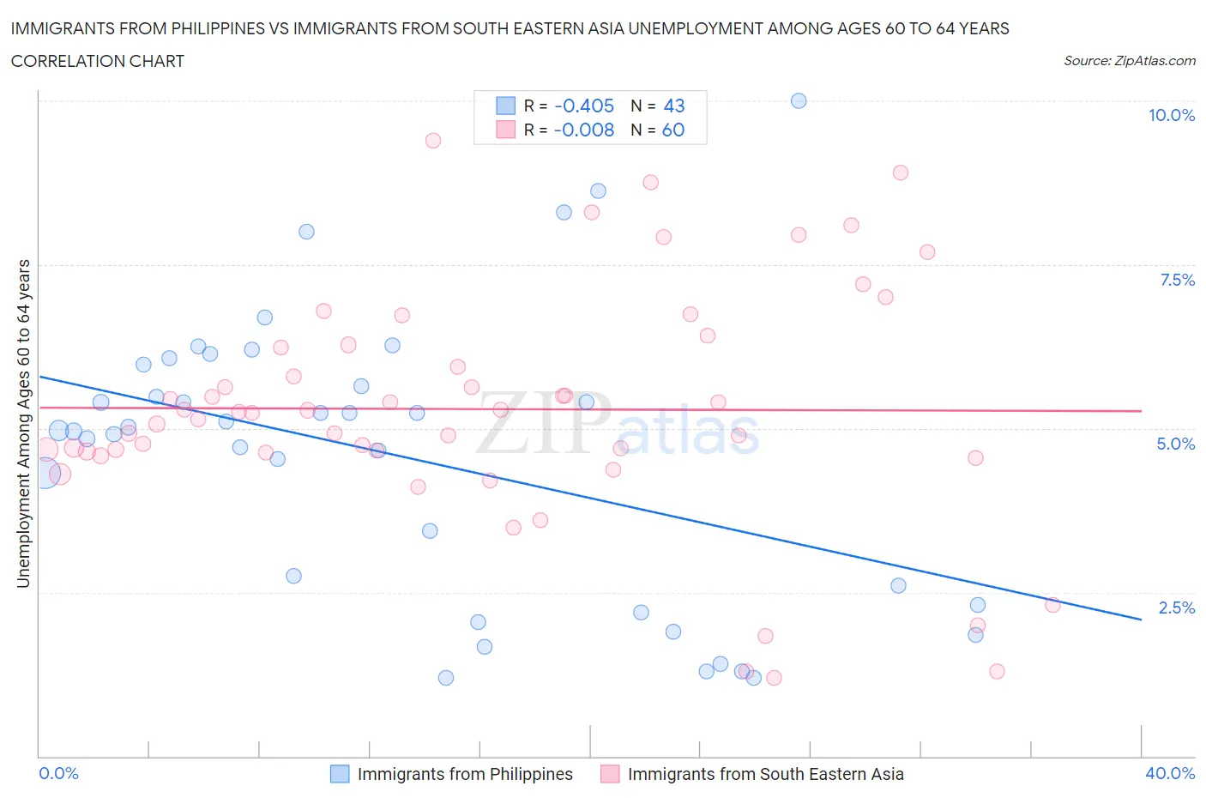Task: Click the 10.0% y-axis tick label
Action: click(x=1171, y=115)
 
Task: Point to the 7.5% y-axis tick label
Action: click(x=1176, y=280)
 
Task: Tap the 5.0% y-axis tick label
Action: click(x=1175, y=444)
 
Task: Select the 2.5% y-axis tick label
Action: click(x=1176, y=608)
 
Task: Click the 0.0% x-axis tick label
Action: click(x=58, y=773)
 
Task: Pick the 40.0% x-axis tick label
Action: click(x=1169, y=773)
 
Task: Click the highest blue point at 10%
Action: click(x=799, y=100)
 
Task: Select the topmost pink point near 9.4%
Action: click(x=433, y=140)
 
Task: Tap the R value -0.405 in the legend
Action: click(x=584, y=106)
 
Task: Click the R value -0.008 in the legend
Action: click(x=584, y=130)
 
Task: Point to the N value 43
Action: click(x=674, y=106)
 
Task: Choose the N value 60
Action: click(x=673, y=130)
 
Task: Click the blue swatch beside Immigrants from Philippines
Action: click(x=341, y=774)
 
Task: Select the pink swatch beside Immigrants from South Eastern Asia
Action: click(x=610, y=774)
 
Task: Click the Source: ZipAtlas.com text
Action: click(x=1129, y=60)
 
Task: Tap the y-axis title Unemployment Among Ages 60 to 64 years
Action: click(x=23, y=423)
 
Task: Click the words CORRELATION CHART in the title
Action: click(x=98, y=61)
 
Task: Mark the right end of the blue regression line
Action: click(x=1141, y=619)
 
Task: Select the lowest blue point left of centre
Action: click(x=446, y=678)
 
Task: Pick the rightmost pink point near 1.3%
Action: click(x=997, y=671)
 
